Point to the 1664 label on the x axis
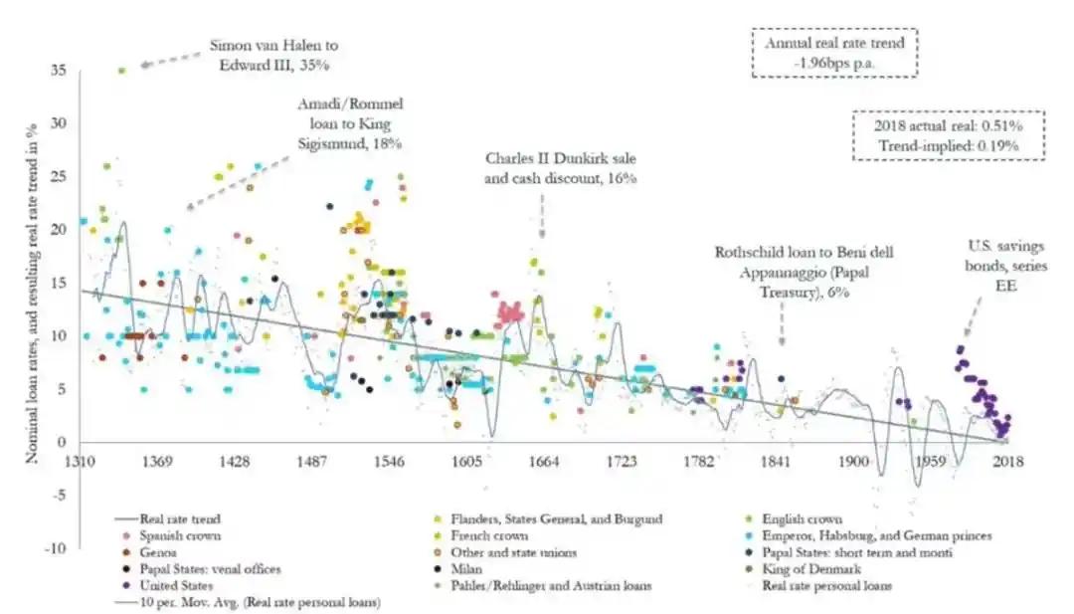pyautogui.click(x=544, y=462)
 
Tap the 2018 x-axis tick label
pyautogui.click(x=1007, y=462)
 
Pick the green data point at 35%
pyautogui.click(x=121, y=71)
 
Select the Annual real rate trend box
pyautogui.click(x=833, y=53)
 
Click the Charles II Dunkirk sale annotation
pyautogui.click(x=560, y=167)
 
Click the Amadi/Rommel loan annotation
pyautogui.click(x=350, y=123)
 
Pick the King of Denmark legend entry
pyautogui.click(x=810, y=569)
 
